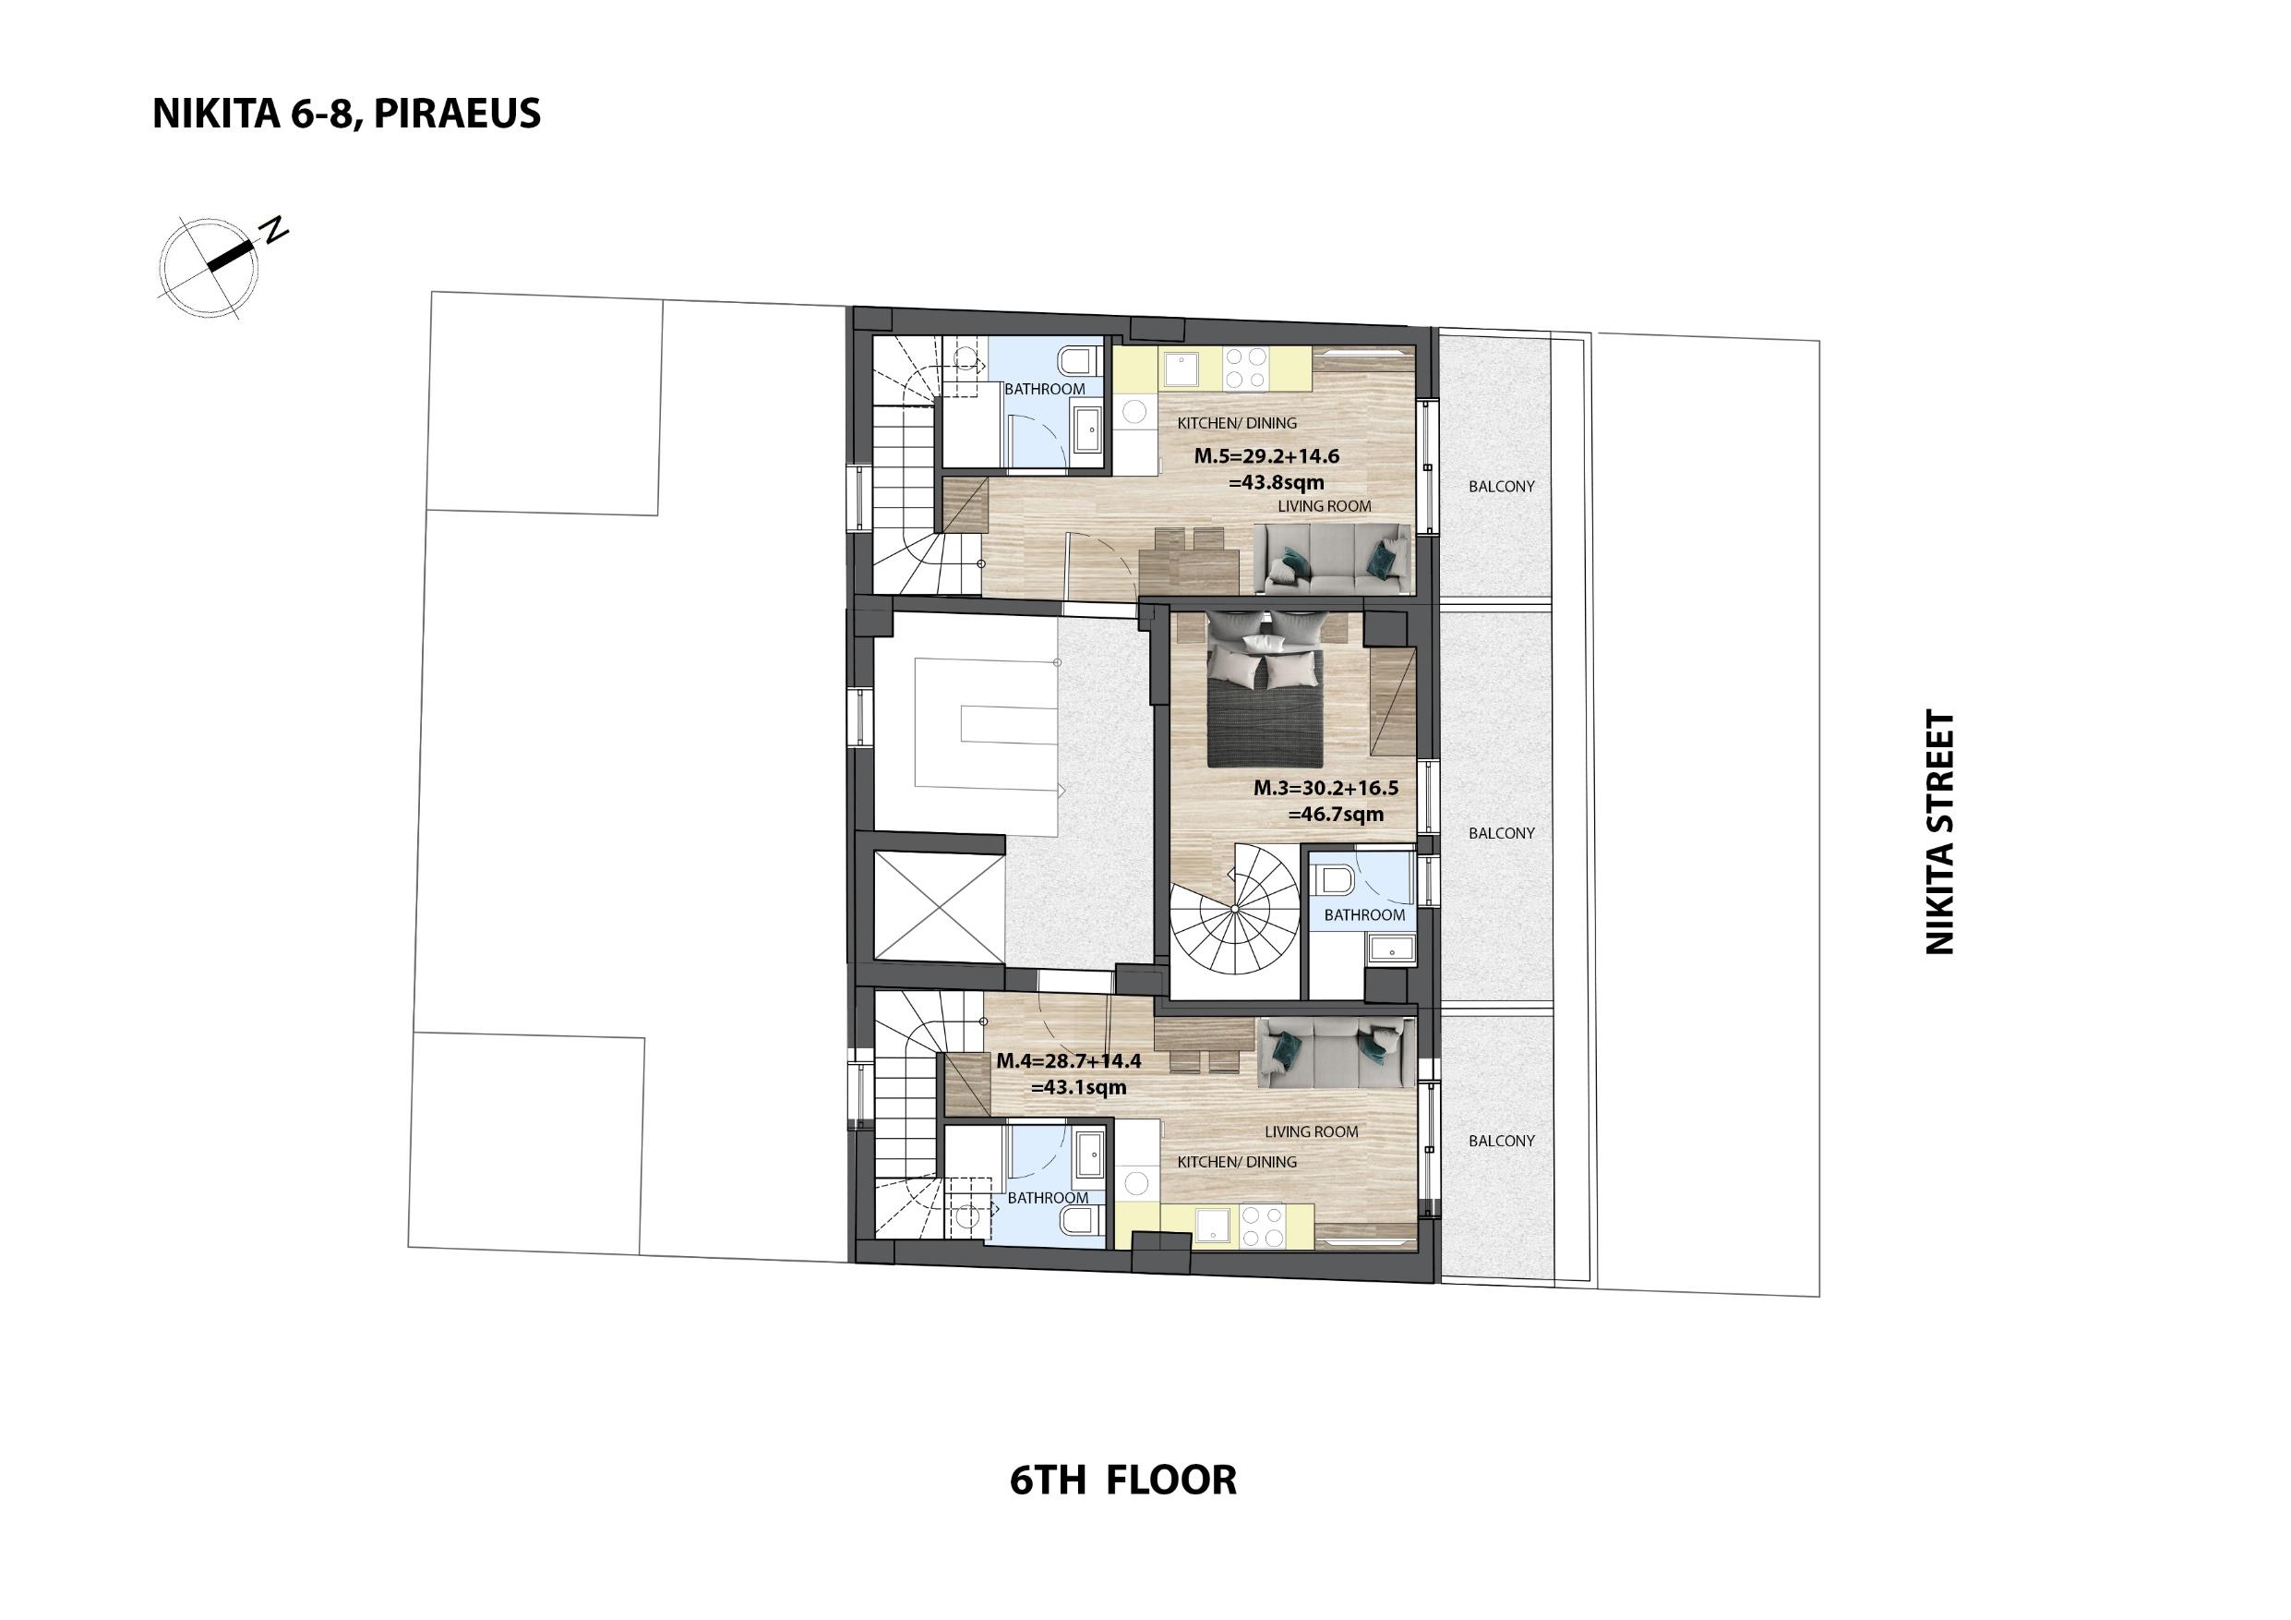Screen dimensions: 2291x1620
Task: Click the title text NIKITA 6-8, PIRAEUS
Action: [346, 114]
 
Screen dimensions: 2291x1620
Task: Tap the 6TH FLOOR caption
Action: [1122, 1480]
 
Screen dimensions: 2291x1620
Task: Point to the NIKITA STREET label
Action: [1939, 831]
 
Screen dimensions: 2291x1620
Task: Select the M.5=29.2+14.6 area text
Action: [1266, 457]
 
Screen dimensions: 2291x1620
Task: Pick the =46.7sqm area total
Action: [1335, 814]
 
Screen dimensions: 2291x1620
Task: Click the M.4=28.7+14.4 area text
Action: [1068, 1061]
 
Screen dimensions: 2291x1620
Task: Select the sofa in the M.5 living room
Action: [1331, 560]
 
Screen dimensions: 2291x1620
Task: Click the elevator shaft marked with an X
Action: [938, 907]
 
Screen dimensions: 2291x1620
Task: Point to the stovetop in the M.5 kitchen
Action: [1246, 368]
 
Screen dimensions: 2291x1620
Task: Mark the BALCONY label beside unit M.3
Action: [1502, 833]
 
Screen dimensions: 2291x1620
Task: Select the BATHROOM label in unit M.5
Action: [1045, 389]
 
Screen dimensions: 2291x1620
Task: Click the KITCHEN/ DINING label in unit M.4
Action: [1237, 1162]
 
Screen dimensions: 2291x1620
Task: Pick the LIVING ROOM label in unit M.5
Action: [1325, 506]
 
